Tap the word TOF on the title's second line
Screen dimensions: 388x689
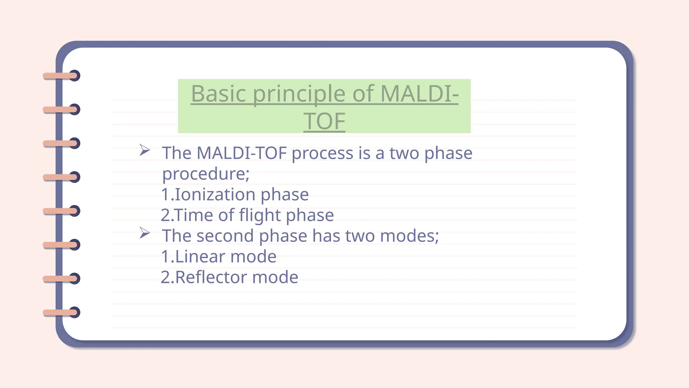[x=324, y=122]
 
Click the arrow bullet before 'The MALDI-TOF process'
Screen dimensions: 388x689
[x=145, y=150]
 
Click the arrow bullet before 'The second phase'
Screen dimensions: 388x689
[x=145, y=233]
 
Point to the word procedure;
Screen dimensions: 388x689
[x=206, y=174]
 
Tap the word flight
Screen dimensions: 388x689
[x=259, y=215]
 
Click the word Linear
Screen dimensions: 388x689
[x=200, y=257]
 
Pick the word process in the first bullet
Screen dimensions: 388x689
[x=322, y=154]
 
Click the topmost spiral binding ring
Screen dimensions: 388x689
[x=75, y=76]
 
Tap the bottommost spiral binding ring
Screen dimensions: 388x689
[x=75, y=312]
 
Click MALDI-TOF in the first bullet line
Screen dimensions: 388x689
[x=242, y=153]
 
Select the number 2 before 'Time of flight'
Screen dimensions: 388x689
[x=165, y=215]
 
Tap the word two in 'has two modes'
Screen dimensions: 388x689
[x=360, y=236]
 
